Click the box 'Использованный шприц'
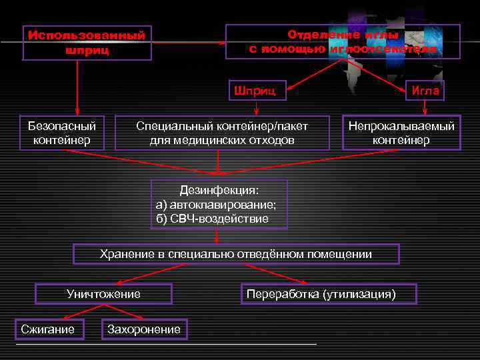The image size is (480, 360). pos(87,42)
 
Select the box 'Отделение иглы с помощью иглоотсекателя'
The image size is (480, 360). pos(343,41)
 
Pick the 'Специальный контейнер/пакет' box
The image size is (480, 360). pos(222,133)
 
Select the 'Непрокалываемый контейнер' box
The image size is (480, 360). pos(401,133)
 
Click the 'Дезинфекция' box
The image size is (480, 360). pos(219,204)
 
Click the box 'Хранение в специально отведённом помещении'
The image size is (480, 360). pos(236,254)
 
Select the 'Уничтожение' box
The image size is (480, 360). pos(103,294)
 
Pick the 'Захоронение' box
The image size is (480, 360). pos(144,329)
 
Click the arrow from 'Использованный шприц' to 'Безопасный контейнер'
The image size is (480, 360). pos(77,87)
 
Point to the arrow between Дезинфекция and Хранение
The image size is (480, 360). pos(217,236)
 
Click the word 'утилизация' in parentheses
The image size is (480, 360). pos(360,294)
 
